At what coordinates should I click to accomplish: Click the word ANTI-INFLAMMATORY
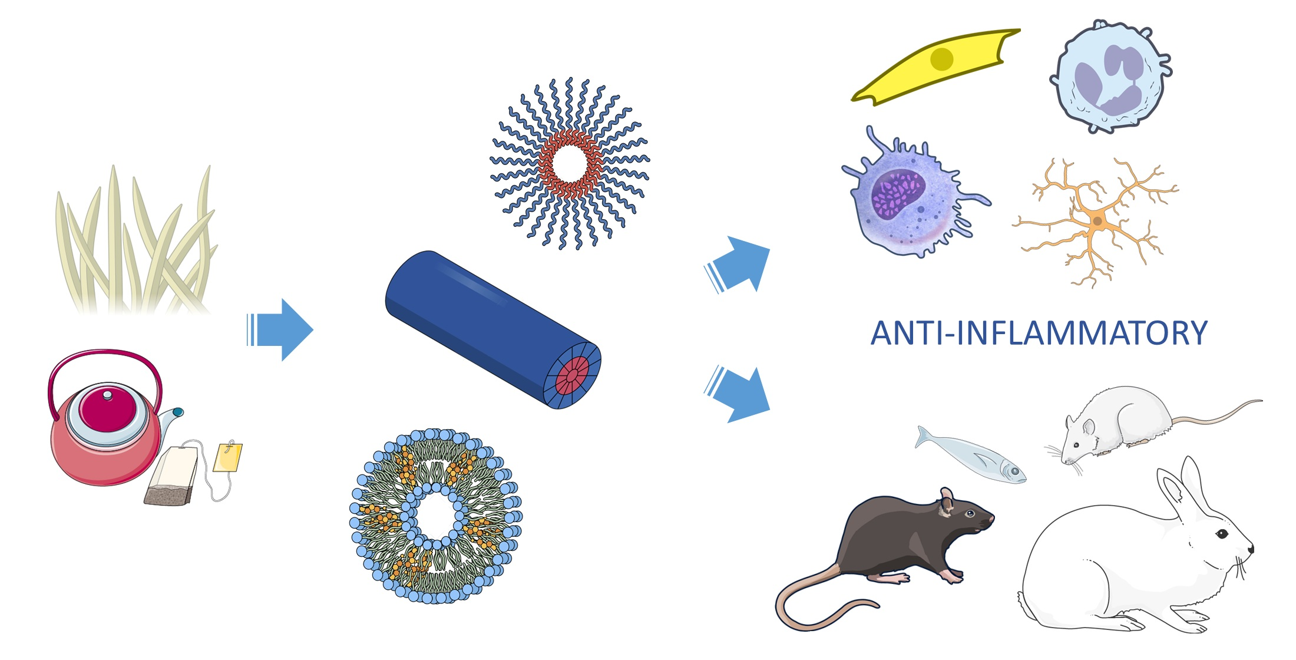[x=1039, y=333]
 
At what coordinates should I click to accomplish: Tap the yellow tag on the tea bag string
[x=227, y=458]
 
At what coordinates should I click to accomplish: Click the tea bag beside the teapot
[x=172, y=476]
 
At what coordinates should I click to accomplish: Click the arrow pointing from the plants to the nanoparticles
[x=281, y=330]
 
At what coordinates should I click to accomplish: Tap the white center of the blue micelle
[x=570, y=163]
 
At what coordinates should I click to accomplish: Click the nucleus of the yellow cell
[x=942, y=59]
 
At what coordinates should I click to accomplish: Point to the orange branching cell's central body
[x=1097, y=222]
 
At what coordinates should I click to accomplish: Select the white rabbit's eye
[x=1222, y=534]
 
